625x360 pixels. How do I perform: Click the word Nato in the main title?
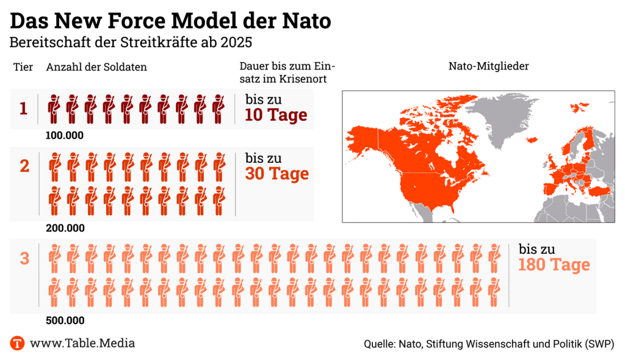[305, 21]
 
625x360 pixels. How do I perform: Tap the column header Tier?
[23, 67]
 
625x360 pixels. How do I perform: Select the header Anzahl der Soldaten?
[96, 67]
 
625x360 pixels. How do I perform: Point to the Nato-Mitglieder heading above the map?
[488, 66]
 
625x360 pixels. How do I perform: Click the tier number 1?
[23, 109]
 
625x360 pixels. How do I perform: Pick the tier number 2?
[24, 165]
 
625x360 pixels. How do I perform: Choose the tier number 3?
[24, 259]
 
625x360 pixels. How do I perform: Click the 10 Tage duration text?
[276, 115]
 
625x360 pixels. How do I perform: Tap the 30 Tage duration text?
[277, 174]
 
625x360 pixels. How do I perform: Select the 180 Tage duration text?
[554, 265]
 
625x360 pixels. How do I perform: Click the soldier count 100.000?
[65, 135]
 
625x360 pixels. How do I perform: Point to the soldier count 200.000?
[65, 228]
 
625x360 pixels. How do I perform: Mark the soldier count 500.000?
[65, 320]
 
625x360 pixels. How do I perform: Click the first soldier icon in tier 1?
[54, 109]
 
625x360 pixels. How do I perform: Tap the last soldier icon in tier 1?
[219, 109]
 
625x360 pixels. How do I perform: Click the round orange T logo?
[18, 343]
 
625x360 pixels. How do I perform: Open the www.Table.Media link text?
[82, 343]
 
